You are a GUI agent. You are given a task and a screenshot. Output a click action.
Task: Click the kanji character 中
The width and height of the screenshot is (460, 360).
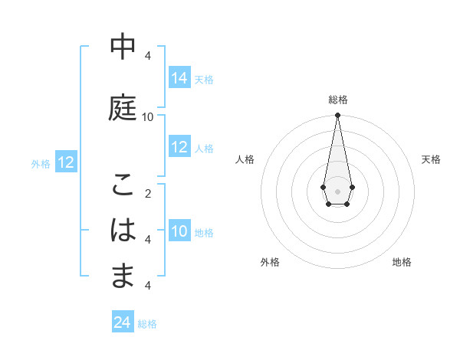coord(123,47)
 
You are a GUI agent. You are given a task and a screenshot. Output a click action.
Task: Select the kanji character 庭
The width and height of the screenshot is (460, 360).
coord(123,106)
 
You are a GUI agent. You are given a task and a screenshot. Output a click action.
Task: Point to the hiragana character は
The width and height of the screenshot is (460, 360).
coord(123,230)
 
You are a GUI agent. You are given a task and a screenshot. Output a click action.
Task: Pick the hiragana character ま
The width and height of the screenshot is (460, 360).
coord(123,275)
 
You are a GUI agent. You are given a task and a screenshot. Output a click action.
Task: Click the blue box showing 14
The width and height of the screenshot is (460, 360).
coord(179,78)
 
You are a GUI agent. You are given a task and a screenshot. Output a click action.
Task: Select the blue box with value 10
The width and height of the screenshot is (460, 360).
coord(179,231)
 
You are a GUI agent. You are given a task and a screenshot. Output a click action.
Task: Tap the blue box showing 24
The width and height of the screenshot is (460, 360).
coord(122,323)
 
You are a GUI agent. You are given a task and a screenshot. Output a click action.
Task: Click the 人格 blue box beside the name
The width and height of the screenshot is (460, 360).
coord(179,147)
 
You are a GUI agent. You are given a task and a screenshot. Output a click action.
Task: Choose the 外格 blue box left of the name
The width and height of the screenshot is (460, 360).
coord(65,162)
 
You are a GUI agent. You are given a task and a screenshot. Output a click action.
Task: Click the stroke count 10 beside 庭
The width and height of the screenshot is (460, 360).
coord(148,116)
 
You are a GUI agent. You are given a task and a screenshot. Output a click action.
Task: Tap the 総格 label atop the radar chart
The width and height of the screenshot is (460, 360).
coord(337,100)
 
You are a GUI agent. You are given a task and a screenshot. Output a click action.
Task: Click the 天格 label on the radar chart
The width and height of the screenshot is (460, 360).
coord(431,159)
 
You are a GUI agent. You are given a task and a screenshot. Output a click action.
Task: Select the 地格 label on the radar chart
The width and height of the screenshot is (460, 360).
coord(402,262)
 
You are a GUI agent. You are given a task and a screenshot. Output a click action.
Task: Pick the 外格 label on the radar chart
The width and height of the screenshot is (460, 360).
coord(270,262)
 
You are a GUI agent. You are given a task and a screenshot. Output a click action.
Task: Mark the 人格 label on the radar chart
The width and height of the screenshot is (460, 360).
coord(245,159)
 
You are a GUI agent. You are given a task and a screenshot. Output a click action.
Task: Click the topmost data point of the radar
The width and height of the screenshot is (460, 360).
coord(337,116)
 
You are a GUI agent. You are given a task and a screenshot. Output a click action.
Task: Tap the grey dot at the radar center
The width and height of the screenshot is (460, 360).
coord(337,190)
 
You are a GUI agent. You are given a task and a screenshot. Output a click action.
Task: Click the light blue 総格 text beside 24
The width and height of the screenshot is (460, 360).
coord(147,324)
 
